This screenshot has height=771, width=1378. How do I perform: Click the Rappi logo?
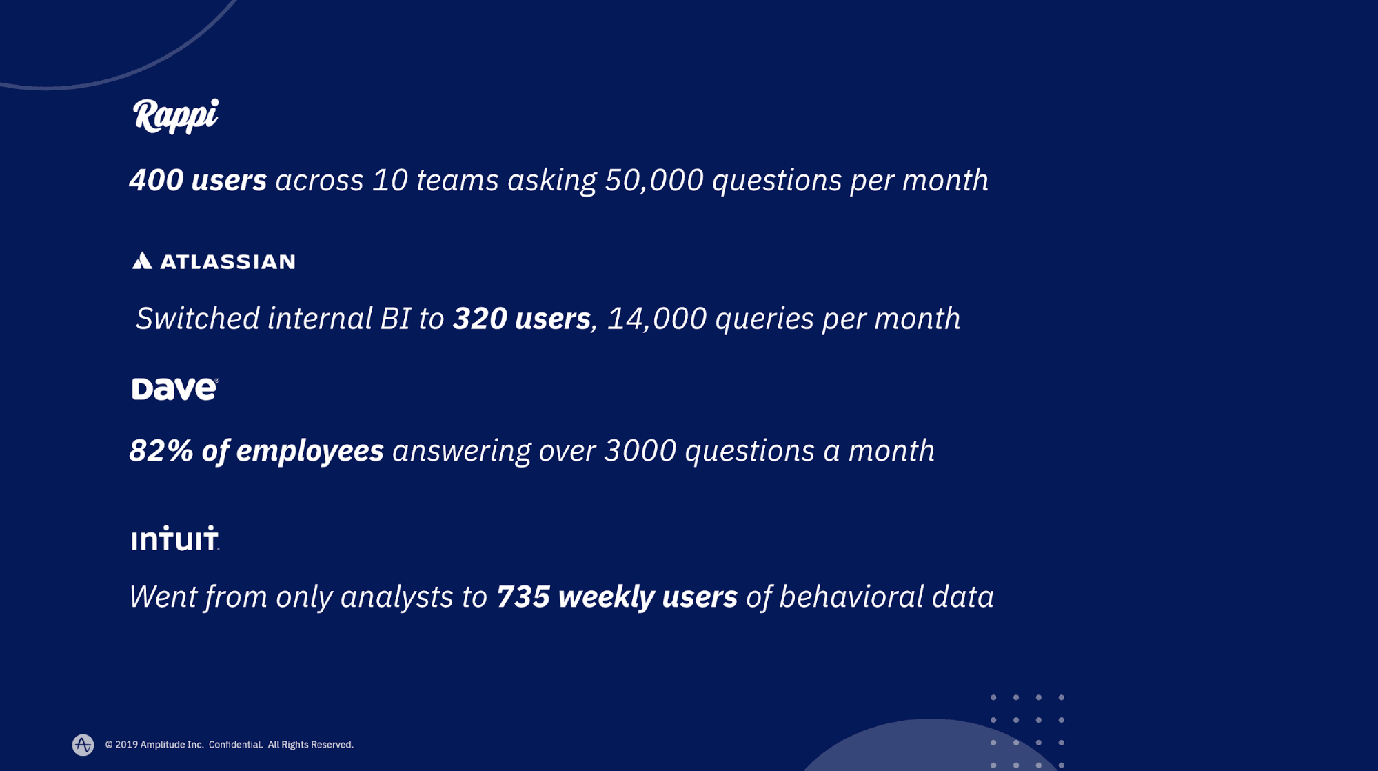point(175,116)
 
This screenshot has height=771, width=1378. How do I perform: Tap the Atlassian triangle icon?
point(142,261)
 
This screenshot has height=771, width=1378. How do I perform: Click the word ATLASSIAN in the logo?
point(227,262)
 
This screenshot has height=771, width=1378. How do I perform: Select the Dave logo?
point(175,389)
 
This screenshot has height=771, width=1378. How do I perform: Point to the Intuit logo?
point(175,539)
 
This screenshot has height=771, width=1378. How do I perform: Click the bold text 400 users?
point(198,181)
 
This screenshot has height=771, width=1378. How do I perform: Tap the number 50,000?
point(653,181)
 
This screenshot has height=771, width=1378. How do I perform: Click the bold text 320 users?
point(521,319)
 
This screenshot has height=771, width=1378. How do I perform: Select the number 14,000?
point(656,319)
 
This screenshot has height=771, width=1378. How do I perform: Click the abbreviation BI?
point(395,319)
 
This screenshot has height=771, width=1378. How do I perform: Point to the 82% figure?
point(161,451)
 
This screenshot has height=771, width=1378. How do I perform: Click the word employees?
point(310,451)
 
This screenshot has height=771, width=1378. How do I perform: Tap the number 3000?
point(640,451)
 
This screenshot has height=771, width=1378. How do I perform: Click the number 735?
point(523,597)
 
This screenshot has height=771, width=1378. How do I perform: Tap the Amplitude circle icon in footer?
point(83,745)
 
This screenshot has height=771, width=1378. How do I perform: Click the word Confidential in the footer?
point(235,745)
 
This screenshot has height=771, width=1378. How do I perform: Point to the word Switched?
point(197,319)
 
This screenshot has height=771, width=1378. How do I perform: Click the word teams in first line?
point(457,181)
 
